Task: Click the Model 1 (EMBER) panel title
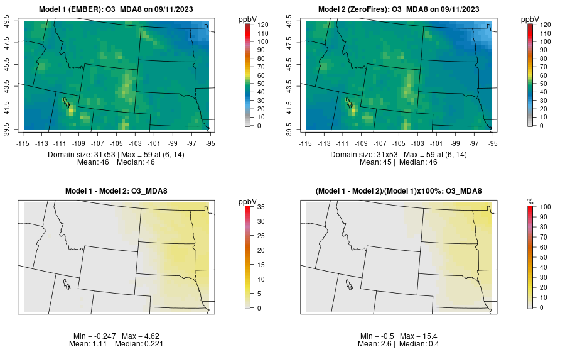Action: click(x=119, y=9)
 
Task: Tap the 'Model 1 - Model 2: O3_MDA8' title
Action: click(x=119, y=192)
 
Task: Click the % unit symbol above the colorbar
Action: click(x=530, y=202)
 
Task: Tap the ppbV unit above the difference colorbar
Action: click(x=248, y=202)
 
